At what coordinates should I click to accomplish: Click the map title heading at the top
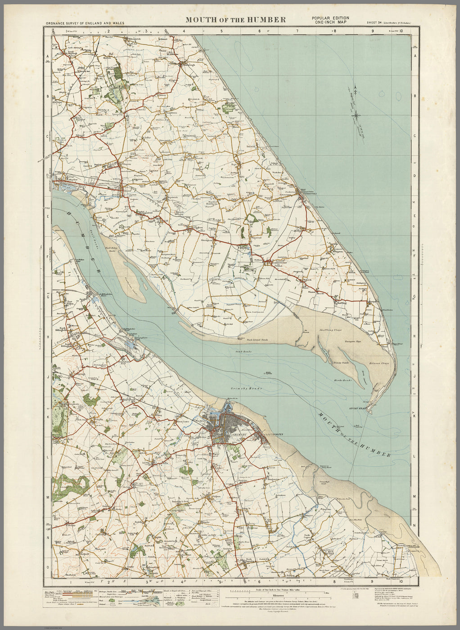[x=235, y=19]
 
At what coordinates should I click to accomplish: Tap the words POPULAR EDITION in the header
[x=330, y=18]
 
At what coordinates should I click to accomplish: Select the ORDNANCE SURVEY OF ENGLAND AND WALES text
[x=85, y=22]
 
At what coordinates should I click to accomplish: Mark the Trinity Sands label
[x=342, y=362]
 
